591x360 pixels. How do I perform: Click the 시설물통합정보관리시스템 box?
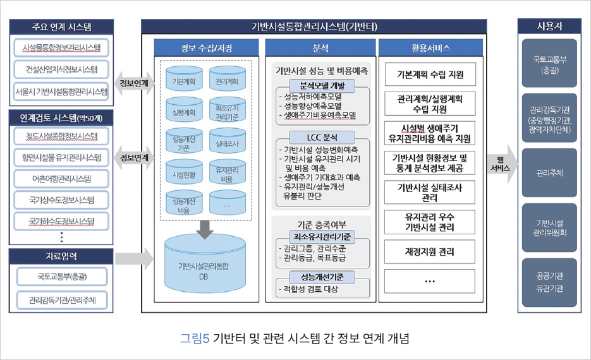61,48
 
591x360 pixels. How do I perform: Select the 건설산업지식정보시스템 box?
61,69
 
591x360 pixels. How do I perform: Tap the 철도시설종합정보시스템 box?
61,136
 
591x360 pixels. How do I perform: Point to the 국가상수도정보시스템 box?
61,201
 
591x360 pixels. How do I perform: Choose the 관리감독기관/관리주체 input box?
61,299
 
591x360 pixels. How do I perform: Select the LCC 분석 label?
322,136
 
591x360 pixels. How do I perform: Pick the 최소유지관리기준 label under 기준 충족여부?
322,236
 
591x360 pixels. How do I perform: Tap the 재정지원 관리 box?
429,251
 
